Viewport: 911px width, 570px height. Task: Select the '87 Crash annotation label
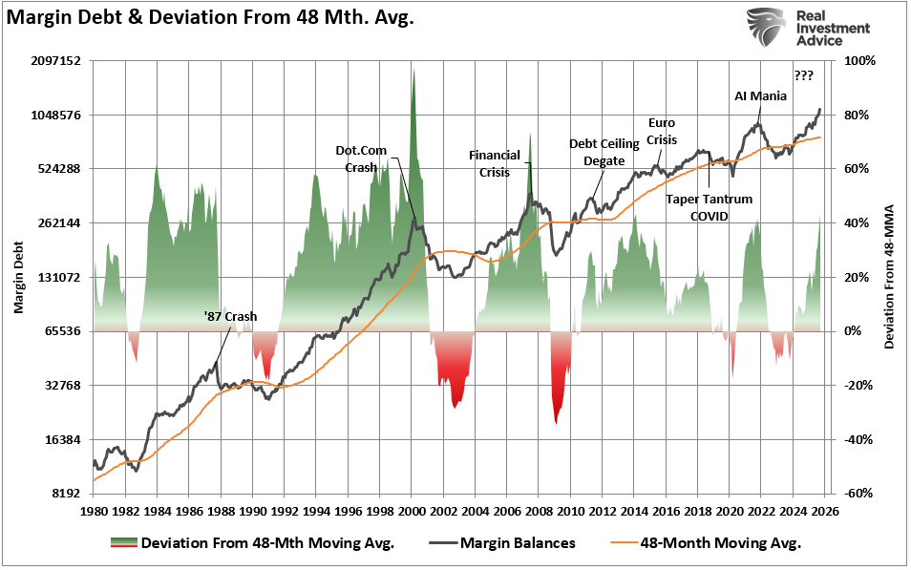[230, 316]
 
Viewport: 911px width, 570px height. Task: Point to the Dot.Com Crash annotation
[355, 158]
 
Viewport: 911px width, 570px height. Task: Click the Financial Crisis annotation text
[494, 163]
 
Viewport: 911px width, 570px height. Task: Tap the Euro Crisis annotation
[662, 131]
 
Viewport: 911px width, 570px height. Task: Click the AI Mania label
[761, 95]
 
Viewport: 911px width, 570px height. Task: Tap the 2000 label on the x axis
[412, 511]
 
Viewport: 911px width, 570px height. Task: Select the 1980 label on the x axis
[94, 511]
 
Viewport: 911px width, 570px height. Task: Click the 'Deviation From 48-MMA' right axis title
[889, 277]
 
